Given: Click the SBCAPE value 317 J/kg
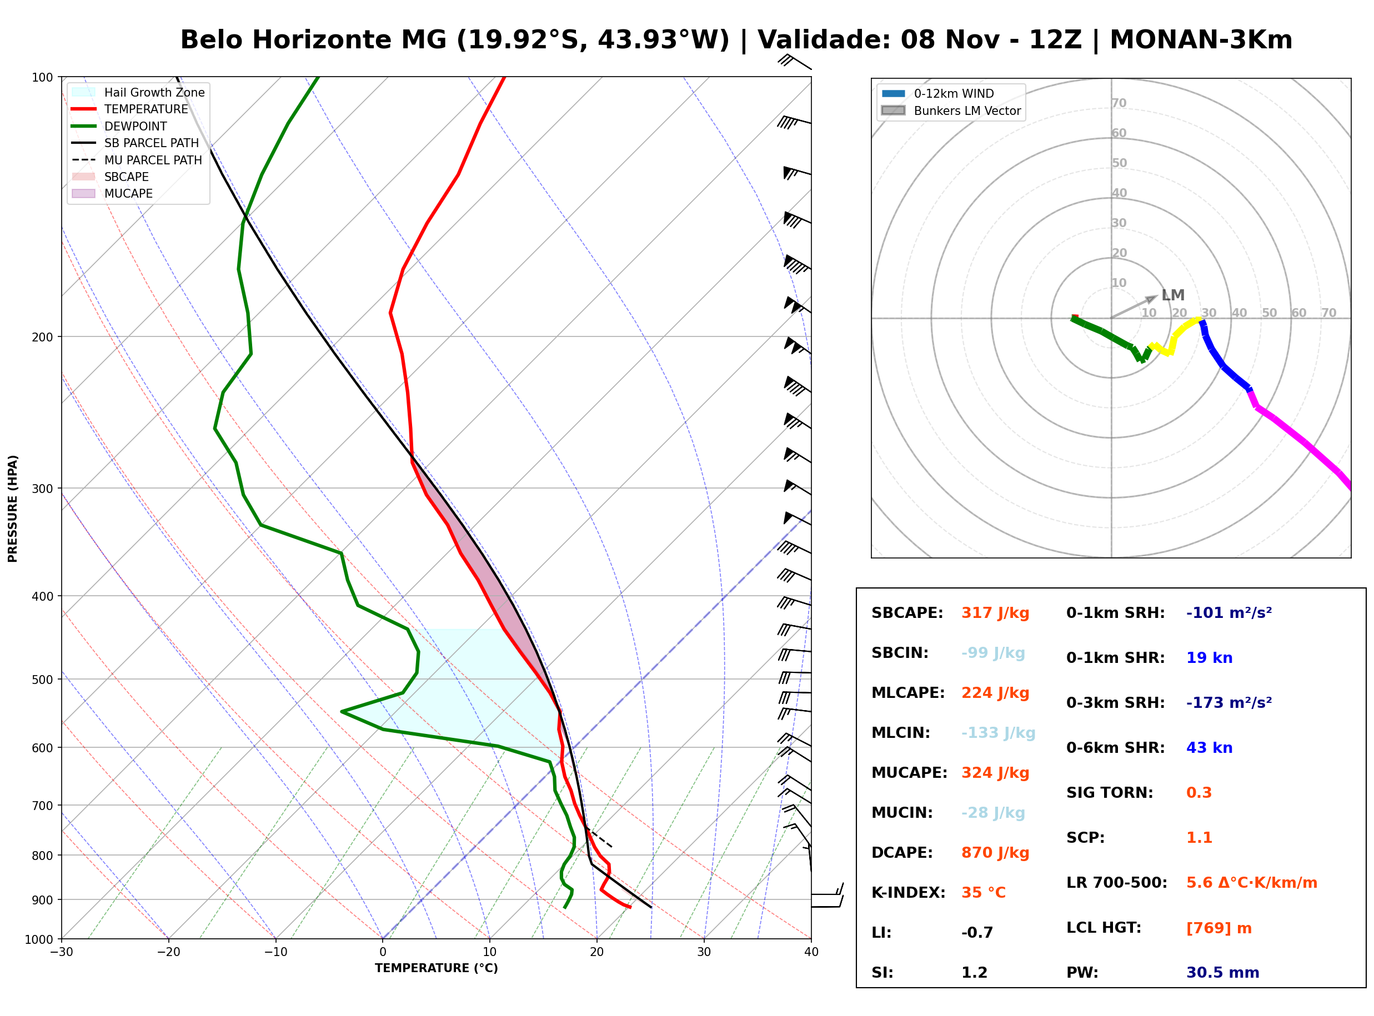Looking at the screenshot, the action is (x=995, y=613).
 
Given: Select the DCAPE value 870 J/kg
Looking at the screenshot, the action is (x=995, y=853).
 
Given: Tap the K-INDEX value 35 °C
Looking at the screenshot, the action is (x=984, y=893).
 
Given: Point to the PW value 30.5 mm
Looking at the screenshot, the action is (x=1223, y=973).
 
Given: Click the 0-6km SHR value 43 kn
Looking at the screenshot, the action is (x=1209, y=748).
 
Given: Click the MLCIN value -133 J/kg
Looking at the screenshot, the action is (x=998, y=733).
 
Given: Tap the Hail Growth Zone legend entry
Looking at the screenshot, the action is (x=138, y=92).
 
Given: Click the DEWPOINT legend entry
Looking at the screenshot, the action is (x=119, y=126).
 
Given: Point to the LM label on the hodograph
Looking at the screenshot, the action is (x=1173, y=295).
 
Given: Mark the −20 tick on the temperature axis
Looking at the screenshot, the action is (x=168, y=952).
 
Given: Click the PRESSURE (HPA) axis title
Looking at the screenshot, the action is (x=13, y=509).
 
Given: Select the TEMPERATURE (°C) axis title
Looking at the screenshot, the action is (x=437, y=968).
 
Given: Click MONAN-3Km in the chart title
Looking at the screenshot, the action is (x=1201, y=40).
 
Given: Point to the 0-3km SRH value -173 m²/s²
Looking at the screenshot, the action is (x=1229, y=702).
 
